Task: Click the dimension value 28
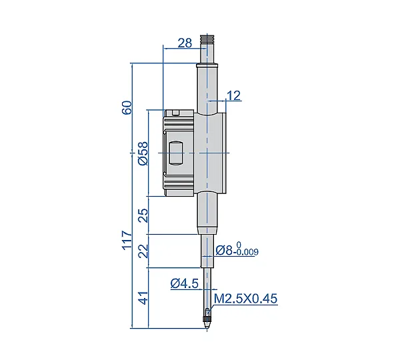point(185,43)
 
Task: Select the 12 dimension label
point(233,96)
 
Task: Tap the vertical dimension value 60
point(127,107)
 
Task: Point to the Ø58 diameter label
point(143,153)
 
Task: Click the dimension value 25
point(143,215)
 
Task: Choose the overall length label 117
point(127,240)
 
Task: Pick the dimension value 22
point(143,251)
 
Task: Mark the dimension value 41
point(143,297)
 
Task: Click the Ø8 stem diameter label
point(224,250)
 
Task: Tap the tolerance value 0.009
point(247,252)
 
